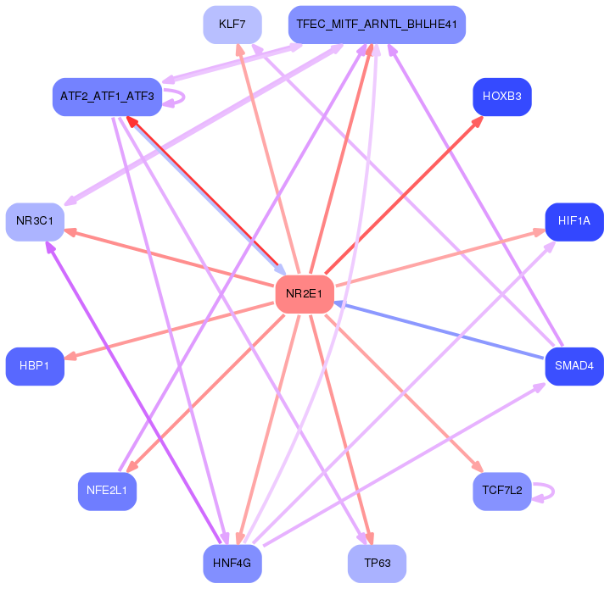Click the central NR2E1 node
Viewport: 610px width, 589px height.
pos(305,294)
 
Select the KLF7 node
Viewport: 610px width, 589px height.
pos(232,25)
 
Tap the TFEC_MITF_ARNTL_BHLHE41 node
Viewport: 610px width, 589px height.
pos(377,25)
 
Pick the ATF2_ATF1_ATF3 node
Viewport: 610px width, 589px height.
pos(107,97)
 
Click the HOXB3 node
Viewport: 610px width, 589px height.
pos(502,97)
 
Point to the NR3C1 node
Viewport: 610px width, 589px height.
pos(35,222)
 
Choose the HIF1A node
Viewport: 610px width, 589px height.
pos(574,222)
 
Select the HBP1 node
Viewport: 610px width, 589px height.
pos(35,366)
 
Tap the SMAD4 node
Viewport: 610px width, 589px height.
pos(574,366)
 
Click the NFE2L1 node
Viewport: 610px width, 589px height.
pos(107,491)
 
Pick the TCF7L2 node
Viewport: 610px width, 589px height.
pos(502,491)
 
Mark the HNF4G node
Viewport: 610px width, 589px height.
pos(232,564)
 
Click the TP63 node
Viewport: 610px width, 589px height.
pos(377,564)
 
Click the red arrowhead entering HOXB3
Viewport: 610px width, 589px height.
pos(478,121)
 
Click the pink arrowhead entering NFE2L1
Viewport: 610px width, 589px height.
pos(132,466)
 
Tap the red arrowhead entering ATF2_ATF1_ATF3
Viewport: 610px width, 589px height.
pos(133,122)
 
